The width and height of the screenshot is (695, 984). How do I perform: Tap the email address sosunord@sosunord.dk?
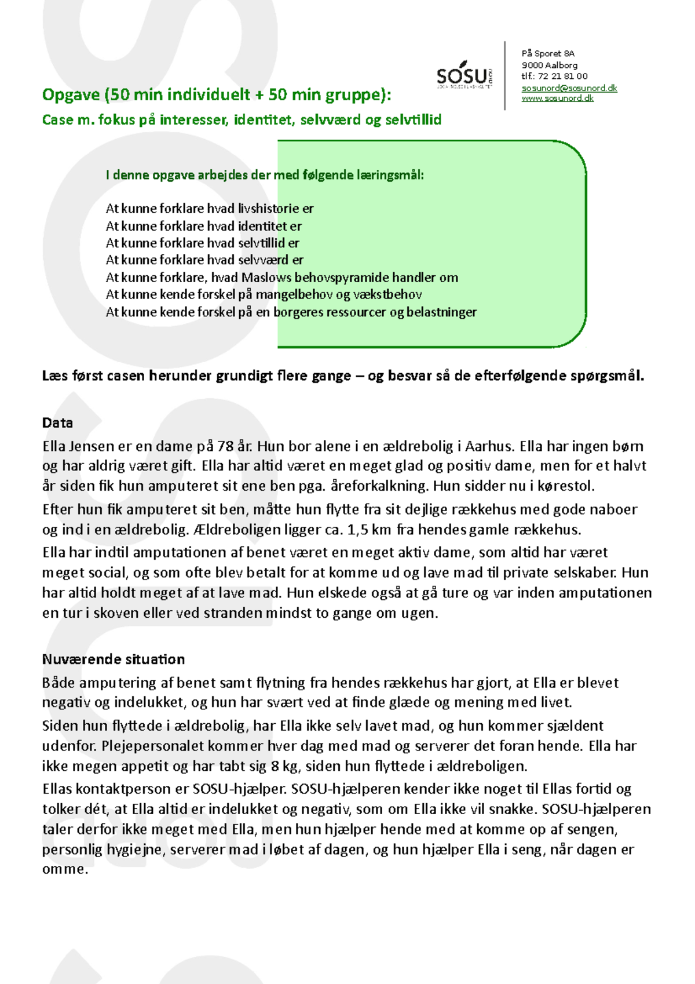tap(569, 88)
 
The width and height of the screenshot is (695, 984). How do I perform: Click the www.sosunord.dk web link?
tap(557, 99)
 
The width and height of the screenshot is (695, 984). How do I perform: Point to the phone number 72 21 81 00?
tap(562, 76)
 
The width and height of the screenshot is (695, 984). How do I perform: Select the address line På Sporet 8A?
tap(548, 53)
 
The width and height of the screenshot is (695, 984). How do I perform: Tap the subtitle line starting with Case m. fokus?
tap(242, 120)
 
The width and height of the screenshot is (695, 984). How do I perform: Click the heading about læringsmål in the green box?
tap(265, 175)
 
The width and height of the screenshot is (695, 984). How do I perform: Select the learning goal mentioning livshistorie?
tap(210, 209)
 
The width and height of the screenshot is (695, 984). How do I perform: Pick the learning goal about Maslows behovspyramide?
tap(281, 278)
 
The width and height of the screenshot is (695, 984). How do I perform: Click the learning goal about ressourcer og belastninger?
tap(291, 312)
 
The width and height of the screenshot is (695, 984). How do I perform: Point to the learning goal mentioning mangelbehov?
tap(264, 294)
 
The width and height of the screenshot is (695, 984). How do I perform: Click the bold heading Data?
tap(57, 422)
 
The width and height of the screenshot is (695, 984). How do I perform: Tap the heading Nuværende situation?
tap(114, 659)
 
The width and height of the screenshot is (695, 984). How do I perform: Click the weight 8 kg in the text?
tap(284, 766)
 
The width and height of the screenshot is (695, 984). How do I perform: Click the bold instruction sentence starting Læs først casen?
tap(343, 376)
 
